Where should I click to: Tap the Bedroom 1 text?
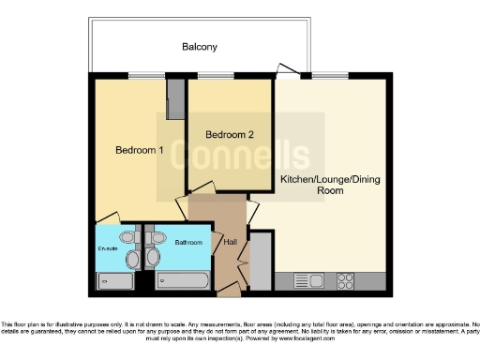coord(140,150)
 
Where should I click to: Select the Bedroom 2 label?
coord(231,135)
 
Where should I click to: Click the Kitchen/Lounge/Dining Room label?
coord(325,184)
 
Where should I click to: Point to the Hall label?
coord(230,243)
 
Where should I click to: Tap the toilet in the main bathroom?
coord(157,256)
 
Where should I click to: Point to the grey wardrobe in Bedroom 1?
coord(175,98)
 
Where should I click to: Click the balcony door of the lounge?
coord(288,70)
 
